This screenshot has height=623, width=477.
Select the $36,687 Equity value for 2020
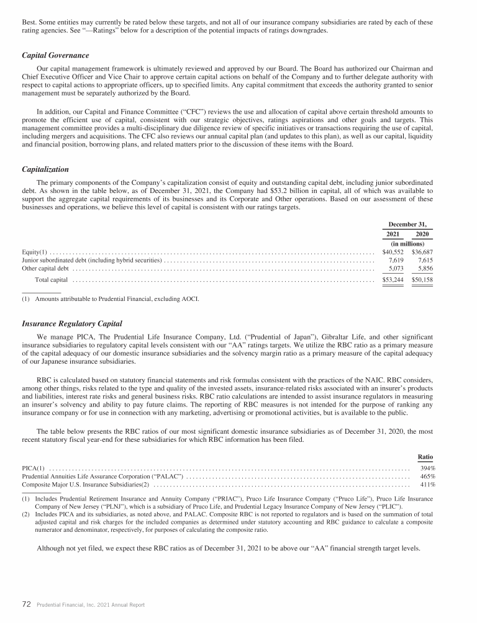point(421,252)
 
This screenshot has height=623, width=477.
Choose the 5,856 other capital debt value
point(424,269)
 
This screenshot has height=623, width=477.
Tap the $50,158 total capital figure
point(421,280)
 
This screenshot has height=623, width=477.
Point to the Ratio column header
point(425,455)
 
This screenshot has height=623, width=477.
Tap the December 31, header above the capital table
point(407,223)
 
